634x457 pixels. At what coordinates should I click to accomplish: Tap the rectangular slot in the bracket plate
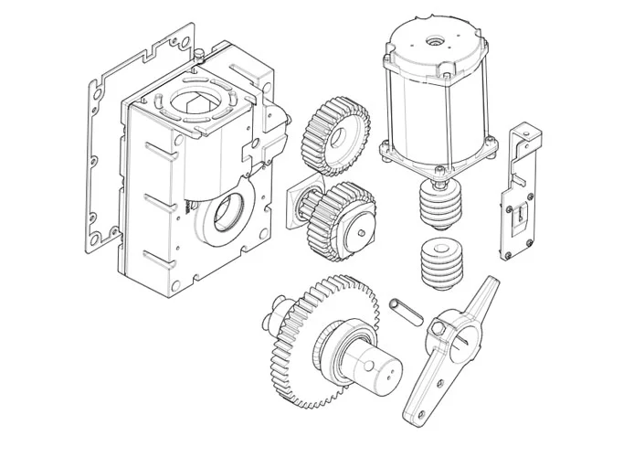pos(519,216)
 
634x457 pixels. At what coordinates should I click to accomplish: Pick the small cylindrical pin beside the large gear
pos(405,309)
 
